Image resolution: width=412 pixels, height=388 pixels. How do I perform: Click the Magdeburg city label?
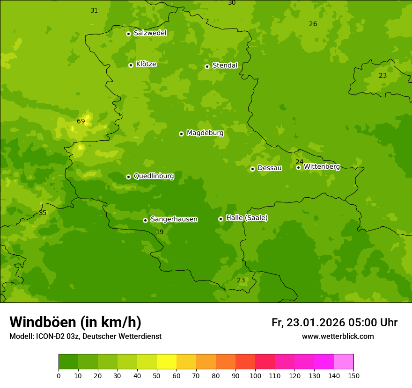pos(205,133)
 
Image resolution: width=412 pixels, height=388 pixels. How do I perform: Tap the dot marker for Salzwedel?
pos(128,34)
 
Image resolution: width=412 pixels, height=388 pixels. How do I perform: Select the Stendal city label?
pos(225,65)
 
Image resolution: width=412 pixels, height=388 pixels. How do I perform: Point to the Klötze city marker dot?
pos(131,65)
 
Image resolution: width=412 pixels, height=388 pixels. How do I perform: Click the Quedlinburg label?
pos(154,176)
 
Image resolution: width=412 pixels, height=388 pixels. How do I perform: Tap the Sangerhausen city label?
pos(174,219)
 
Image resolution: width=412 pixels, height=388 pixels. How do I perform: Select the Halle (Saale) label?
pos(247,218)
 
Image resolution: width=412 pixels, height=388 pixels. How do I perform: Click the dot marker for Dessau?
pos(252,169)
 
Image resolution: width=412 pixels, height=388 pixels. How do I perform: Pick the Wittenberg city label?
pos(322,166)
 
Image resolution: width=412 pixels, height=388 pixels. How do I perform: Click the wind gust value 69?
pos(81,122)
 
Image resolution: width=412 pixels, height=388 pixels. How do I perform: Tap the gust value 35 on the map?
pos(43,213)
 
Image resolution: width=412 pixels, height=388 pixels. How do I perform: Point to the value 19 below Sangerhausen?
pos(160,232)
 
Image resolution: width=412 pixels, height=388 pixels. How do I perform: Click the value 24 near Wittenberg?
pos(300,162)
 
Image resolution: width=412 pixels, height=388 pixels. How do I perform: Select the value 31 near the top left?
pos(94,11)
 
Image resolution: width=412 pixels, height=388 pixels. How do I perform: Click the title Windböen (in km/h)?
pos(75,322)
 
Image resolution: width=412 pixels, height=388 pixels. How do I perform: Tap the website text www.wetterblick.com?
pos(338,337)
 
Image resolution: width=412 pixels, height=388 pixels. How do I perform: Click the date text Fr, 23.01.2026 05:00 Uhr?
pos(334,323)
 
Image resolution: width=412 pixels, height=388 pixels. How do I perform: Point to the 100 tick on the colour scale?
pos(255,375)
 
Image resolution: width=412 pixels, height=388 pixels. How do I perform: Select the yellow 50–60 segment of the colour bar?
pos(167,362)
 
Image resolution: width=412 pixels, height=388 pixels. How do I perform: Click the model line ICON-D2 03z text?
pos(85,337)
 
